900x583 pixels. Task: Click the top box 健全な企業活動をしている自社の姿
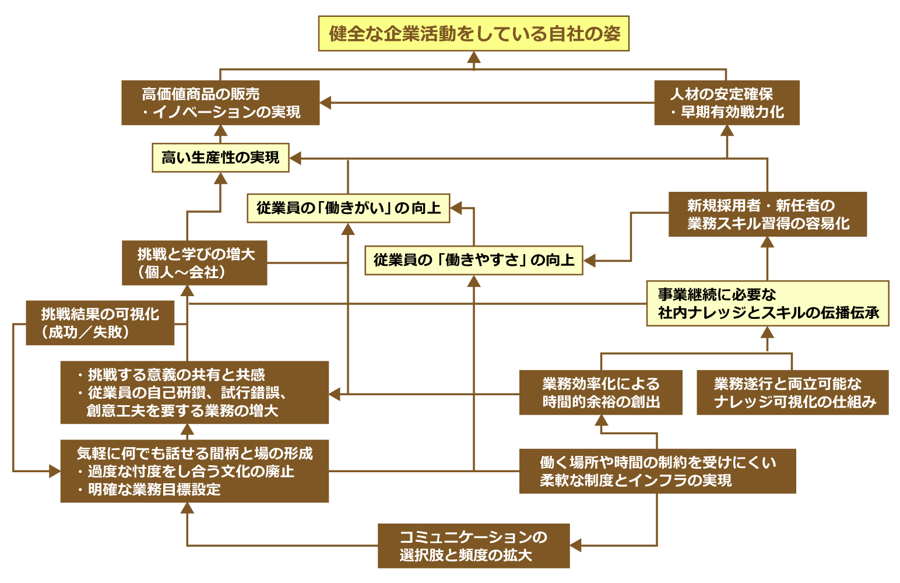[473, 34]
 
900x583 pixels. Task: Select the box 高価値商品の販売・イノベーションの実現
[220, 103]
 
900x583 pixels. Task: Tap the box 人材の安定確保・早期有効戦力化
[726, 103]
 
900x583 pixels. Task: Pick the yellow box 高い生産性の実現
[220, 157]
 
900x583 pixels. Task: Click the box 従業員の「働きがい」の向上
[348, 208]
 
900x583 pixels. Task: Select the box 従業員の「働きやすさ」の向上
[473, 260]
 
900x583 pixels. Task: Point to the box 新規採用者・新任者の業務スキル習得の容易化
[767, 214]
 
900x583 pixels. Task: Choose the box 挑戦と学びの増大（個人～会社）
[194, 263]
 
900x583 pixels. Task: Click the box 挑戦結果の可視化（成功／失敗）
[100, 323]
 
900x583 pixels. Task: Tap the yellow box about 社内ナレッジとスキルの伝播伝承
[767, 303]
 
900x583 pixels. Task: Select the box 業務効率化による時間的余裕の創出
[600, 392]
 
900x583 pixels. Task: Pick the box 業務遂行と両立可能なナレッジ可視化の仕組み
[792, 392]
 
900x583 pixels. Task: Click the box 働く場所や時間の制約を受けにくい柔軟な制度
[657, 471]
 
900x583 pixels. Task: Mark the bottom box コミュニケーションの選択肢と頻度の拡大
[473, 546]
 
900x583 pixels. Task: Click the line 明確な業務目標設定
[154, 490]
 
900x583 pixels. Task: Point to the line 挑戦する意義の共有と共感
[176, 374]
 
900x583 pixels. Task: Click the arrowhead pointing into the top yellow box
[474, 57]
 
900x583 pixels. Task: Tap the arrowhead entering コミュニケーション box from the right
[576, 546]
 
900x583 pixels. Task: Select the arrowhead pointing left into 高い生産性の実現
[296, 158]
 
